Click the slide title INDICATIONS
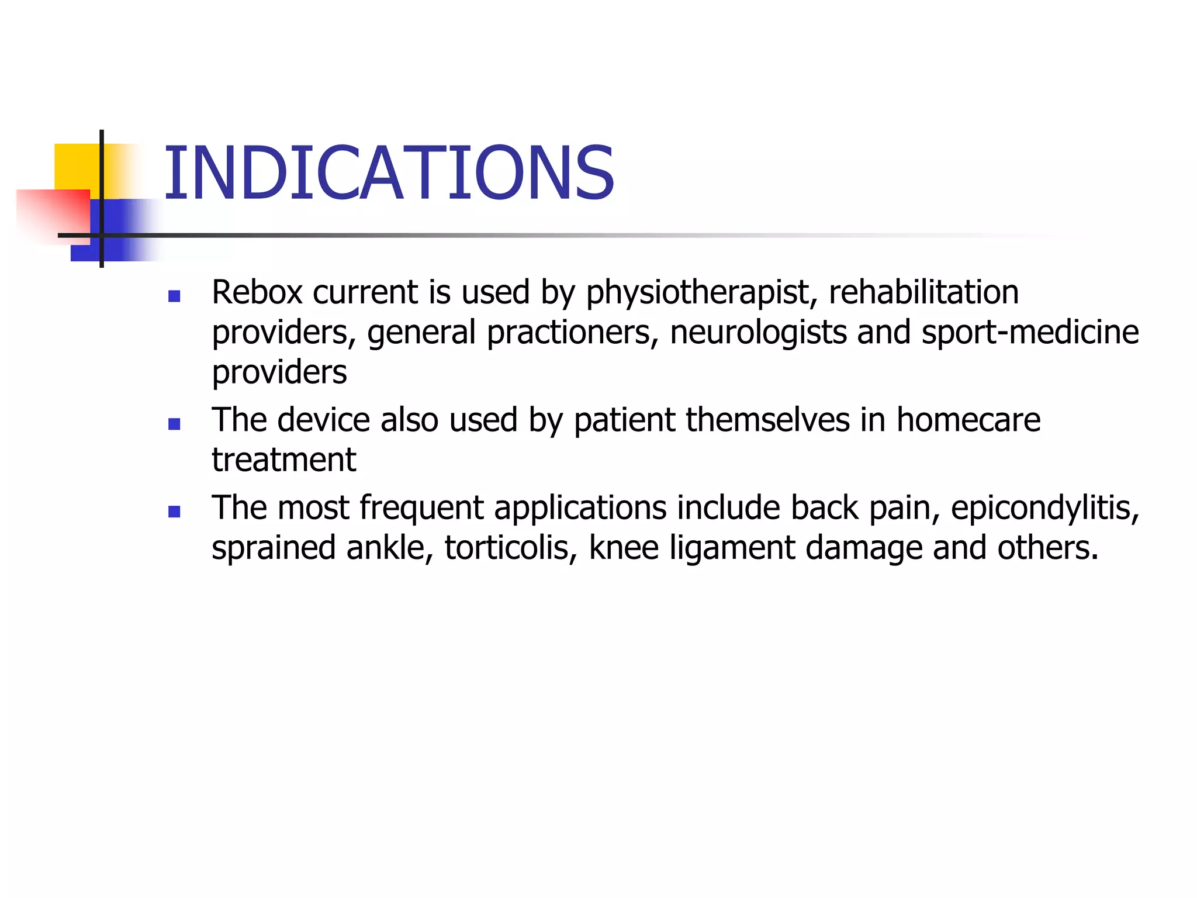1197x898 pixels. pos(389,174)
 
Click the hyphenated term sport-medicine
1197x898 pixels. pos(1030,332)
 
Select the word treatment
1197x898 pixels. pos(283,460)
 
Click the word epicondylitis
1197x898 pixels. pos(1044,507)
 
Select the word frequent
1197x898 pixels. pos(421,507)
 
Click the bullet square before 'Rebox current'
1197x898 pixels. pos(174,296)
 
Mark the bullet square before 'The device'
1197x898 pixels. pos(174,424)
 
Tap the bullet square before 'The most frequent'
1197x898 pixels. pos(174,512)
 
